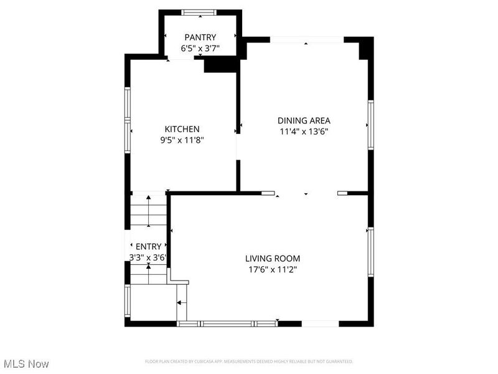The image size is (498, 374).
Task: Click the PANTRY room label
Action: [200, 37]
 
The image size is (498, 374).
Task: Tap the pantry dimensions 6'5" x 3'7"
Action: [200, 47]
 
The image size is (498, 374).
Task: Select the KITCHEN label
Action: [182, 129]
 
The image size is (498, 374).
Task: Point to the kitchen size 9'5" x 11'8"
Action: [182, 140]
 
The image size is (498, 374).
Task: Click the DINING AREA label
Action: [304, 120]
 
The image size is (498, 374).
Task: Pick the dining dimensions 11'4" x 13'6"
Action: [304, 132]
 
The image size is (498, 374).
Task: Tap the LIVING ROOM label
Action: [273, 258]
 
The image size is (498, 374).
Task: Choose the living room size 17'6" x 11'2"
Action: [273, 269]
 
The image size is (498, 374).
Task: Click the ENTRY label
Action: [148, 246]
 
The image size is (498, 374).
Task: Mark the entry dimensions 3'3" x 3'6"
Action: [147, 257]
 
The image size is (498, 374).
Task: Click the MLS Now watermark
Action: [26, 363]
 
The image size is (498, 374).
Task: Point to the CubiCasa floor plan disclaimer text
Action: [249, 362]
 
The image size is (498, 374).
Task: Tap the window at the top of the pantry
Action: [199, 12]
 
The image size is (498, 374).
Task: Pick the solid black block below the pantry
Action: [221, 64]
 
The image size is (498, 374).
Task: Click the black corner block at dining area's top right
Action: [366, 49]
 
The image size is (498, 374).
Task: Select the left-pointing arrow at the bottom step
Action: [181, 303]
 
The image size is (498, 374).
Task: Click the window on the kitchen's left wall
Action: [128, 120]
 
